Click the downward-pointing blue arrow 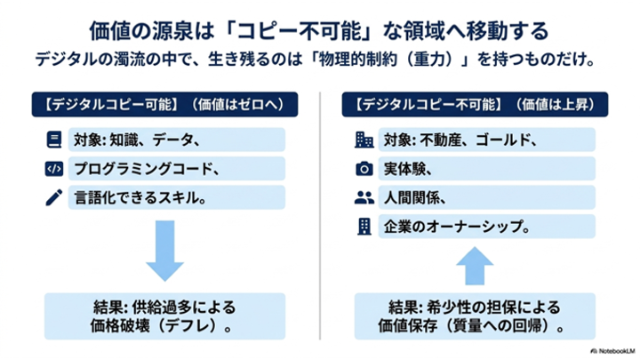165,250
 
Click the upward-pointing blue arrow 475,266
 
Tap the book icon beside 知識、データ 54,140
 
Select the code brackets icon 54,169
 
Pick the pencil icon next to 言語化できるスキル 54,197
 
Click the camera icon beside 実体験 364,169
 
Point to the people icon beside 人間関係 364,197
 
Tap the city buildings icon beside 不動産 364,140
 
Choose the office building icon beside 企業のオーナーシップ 364,227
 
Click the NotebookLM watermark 612,351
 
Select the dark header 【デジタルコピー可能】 165,105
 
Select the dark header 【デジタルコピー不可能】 475,105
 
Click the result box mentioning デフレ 165,316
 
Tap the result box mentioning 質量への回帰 475,316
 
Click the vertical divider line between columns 320,215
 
